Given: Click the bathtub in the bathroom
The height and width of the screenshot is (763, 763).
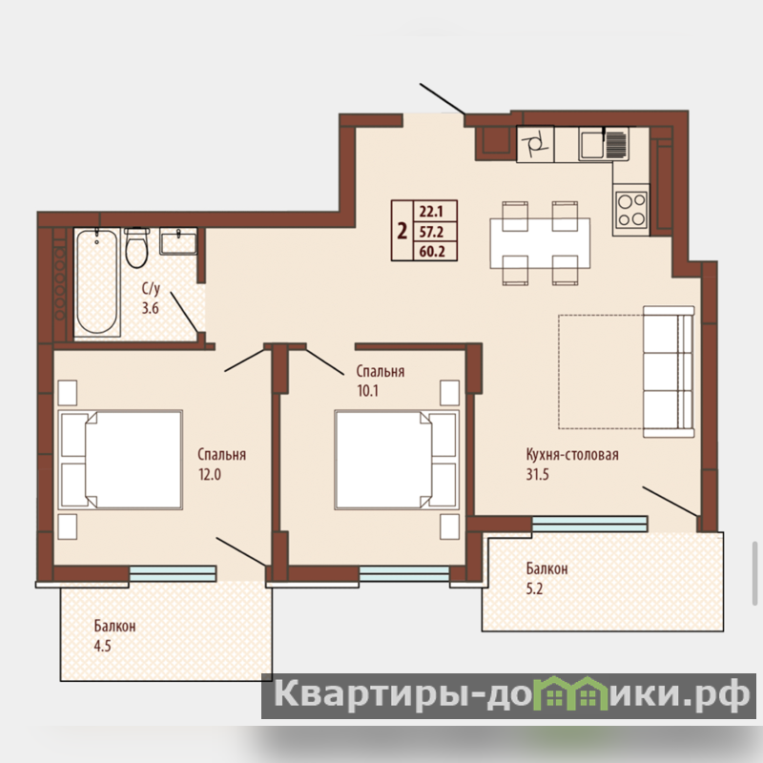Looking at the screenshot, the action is point(97,281).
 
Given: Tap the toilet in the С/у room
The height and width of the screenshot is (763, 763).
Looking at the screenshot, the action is point(136,247).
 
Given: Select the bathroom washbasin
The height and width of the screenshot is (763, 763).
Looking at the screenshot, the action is point(178,241).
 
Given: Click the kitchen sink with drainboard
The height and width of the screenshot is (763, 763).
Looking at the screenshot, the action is point(604,144).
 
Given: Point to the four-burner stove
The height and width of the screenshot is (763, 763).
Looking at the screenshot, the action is point(630,210).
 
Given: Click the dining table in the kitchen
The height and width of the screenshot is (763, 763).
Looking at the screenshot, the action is point(540,243).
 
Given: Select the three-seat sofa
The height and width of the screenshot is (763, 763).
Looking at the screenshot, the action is point(669,372).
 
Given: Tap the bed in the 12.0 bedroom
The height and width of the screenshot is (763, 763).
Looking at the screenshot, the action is point(120,460).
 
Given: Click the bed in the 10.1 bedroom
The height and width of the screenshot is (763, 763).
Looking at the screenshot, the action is point(397,460).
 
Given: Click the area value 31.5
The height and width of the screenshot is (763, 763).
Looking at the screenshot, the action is point(537,474).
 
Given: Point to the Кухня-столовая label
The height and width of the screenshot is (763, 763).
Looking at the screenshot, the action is point(572,455).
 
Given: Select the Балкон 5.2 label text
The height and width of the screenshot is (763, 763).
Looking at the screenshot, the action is point(546,579).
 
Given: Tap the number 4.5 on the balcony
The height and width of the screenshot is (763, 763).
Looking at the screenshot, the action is point(102,646).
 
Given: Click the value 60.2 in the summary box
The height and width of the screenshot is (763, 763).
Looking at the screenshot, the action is point(432,252).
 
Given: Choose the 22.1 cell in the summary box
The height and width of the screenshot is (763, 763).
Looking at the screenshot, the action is point(431,212).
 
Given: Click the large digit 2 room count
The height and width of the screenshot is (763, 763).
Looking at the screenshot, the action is point(402,231).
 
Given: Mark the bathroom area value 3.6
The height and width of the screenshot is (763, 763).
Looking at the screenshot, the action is point(151,308).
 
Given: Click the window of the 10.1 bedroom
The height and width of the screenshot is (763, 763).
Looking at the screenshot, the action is point(403,574).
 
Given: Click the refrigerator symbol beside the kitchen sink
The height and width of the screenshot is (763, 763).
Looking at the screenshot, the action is point(535,144).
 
